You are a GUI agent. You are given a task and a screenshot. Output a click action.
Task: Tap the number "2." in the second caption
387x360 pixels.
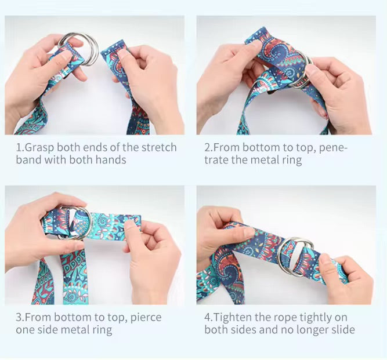tap(209, 147)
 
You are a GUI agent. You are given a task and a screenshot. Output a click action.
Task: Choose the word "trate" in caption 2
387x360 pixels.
tap(217, 160)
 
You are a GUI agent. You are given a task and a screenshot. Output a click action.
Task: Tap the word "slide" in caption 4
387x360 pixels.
tap(341, 330)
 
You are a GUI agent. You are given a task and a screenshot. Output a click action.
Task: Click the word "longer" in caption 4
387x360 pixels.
tap(308, 330)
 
